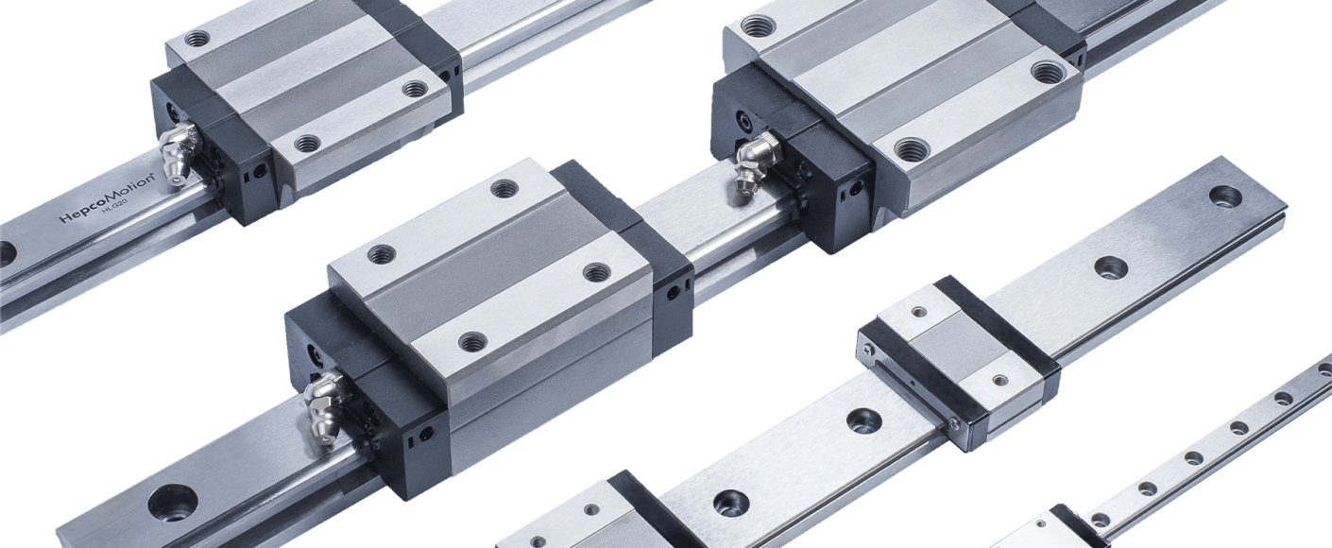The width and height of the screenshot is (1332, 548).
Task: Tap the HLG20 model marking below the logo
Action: [x=114, y=215]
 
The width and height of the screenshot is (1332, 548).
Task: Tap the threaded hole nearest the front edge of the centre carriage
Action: [x=472, y=340]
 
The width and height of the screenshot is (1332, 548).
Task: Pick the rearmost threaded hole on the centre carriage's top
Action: [x=504, y=188]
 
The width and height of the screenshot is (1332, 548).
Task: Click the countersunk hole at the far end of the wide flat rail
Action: [x=1225, y=196]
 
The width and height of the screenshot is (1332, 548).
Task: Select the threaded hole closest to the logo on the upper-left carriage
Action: [x=307, y=144]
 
